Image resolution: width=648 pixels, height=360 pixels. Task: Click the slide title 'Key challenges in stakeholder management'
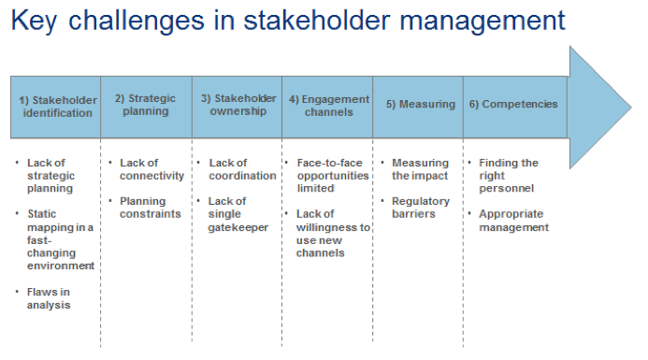[288, 21]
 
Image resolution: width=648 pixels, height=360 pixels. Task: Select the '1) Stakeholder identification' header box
[55, 106]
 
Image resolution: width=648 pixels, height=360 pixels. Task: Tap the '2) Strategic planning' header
[145, 105]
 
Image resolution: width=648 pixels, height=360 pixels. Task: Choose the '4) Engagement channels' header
[326, 105]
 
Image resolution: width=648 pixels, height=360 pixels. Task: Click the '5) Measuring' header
[420, 105]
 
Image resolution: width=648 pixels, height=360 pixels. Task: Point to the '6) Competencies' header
[513, 105]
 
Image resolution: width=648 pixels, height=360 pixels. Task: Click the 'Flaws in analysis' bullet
[49, 297]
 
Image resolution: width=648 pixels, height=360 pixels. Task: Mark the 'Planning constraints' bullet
[150, 208]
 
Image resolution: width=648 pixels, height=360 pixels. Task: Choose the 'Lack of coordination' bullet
[241, 169]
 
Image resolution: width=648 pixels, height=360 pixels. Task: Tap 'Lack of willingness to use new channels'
[333, 234]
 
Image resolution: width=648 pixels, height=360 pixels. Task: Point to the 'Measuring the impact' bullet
[420, 169]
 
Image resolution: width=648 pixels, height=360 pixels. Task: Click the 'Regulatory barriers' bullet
[420, 208]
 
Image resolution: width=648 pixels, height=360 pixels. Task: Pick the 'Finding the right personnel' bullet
[510, 176]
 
